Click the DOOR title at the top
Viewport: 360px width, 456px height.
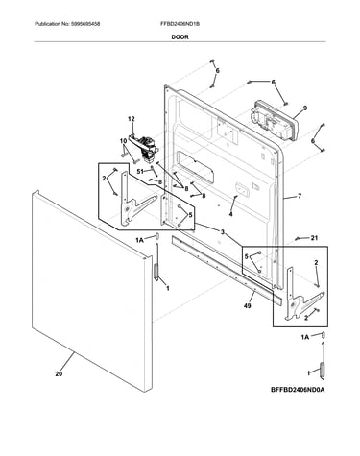pyautogui.click(x=180, y=37)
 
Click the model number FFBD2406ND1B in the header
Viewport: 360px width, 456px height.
pyautogui.click(x=180, y=24)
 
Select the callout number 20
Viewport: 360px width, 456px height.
pyautogui.click(x=59, y=373)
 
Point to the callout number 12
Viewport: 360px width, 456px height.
pyautogui.click(x=132, y=119)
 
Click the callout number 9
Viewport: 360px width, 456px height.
pyautogui.click(x=305, y=108)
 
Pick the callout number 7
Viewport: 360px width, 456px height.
pyautogui.click(x=300, y=196)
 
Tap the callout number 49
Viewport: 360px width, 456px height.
pyautogui.click(x=247, y=306)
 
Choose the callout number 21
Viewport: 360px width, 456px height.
pyautogui.click(x=314, y=238)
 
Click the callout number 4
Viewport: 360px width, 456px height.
pyautogui.click(x=230, y=214)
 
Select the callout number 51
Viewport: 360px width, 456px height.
pyautogui.click(x=140, y=172)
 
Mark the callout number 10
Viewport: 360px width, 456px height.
pyautogui.click(x=123, y=141)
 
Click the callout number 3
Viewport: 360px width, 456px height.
pyautogui.click(x=223, y=232)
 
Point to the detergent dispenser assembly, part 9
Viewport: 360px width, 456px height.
pyautogui.click(x=275, y=121)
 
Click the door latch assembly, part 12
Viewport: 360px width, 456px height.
pyautogui.click(x=144, y=147)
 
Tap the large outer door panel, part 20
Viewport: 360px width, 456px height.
pyautogui.click(x=92, y=291)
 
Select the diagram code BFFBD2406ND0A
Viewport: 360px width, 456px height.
pyautogui.click(x=298, y=390)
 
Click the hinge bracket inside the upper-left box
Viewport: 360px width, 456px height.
pyautogui.click(x=136, y=199)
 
